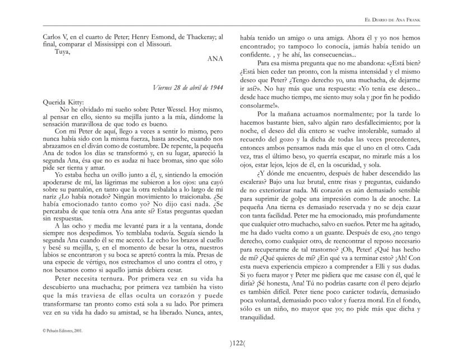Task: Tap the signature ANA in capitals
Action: point(215,58)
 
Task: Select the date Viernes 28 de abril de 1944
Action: point(191,88)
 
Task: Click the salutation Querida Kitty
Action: point(63,102)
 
